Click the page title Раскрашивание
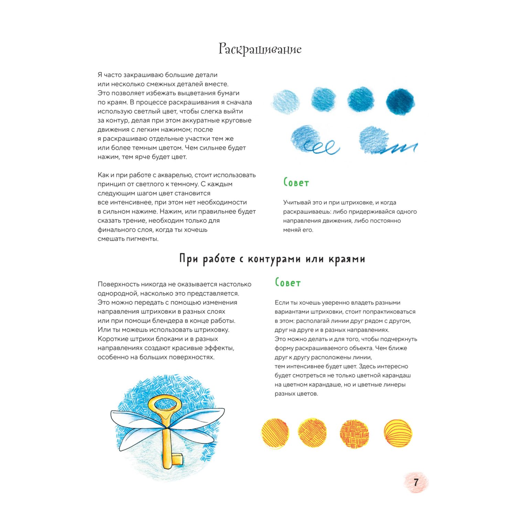pyautogui.click(x=260, y=49)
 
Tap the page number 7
pyautogui.click(x=416, y=482)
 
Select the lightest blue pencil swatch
pyautogui.click(x=286, y=101)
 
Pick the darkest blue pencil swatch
pyautogui.click(x=400, y=101)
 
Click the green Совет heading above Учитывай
pyautogui.click(x=296, y=182)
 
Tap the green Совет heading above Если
pyautogui.click(x=288, y=283)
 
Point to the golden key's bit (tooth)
pyautogui.click(x=178, y=459)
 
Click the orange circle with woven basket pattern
pyautogui.click(x=354, y=433)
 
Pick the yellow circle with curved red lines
pyautogui.click(x=398, y=433)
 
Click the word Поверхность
pyautogui.click(x=117, y=284)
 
